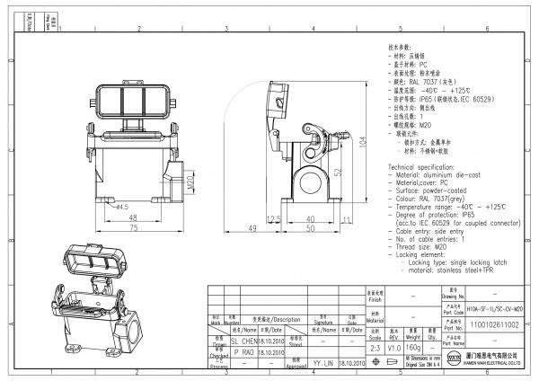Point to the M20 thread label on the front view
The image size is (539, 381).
tap(191, 182)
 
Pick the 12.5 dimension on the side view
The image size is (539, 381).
tap(275, 218)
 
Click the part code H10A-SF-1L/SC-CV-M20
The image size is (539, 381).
tap(493, 308)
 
